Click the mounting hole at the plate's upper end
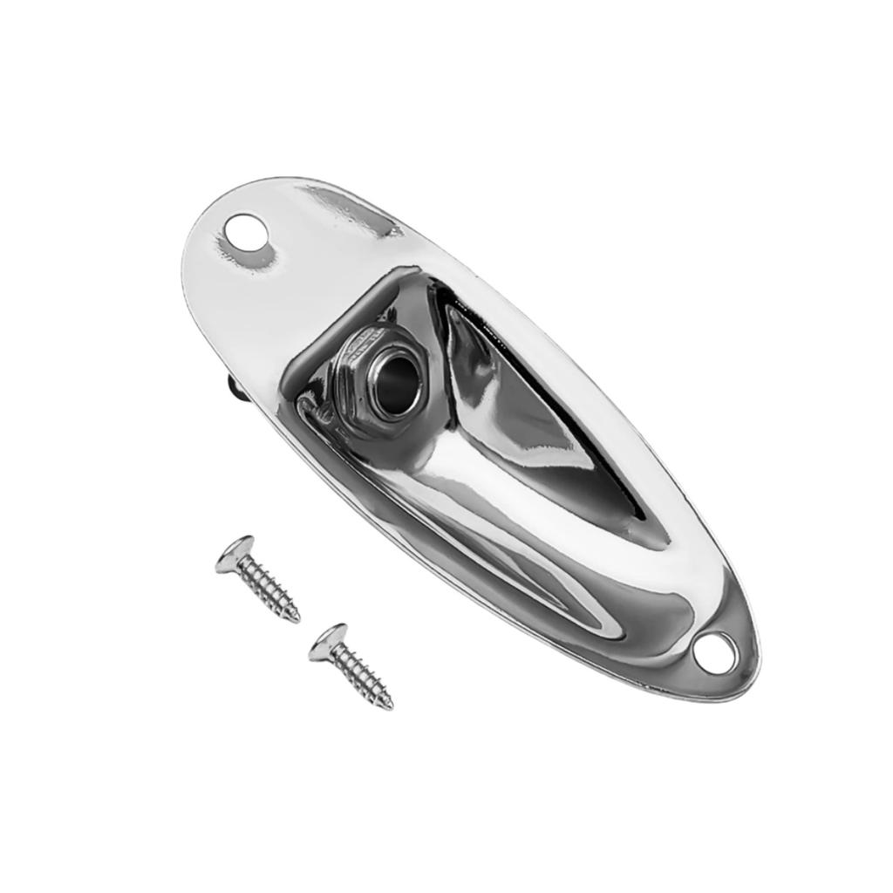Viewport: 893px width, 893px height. pos(247,234)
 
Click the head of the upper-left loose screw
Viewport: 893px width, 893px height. pos(233,555)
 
